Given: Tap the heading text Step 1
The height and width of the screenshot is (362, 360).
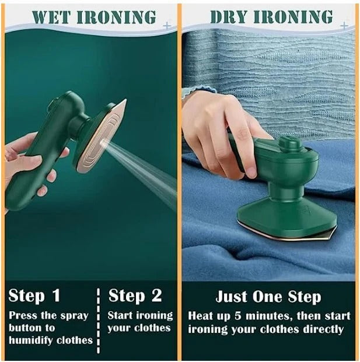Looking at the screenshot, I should tap(34, 296).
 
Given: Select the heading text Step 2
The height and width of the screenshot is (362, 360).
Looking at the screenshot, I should tap(135, 296).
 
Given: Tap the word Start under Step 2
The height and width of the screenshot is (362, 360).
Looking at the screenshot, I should tap(120, 316).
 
